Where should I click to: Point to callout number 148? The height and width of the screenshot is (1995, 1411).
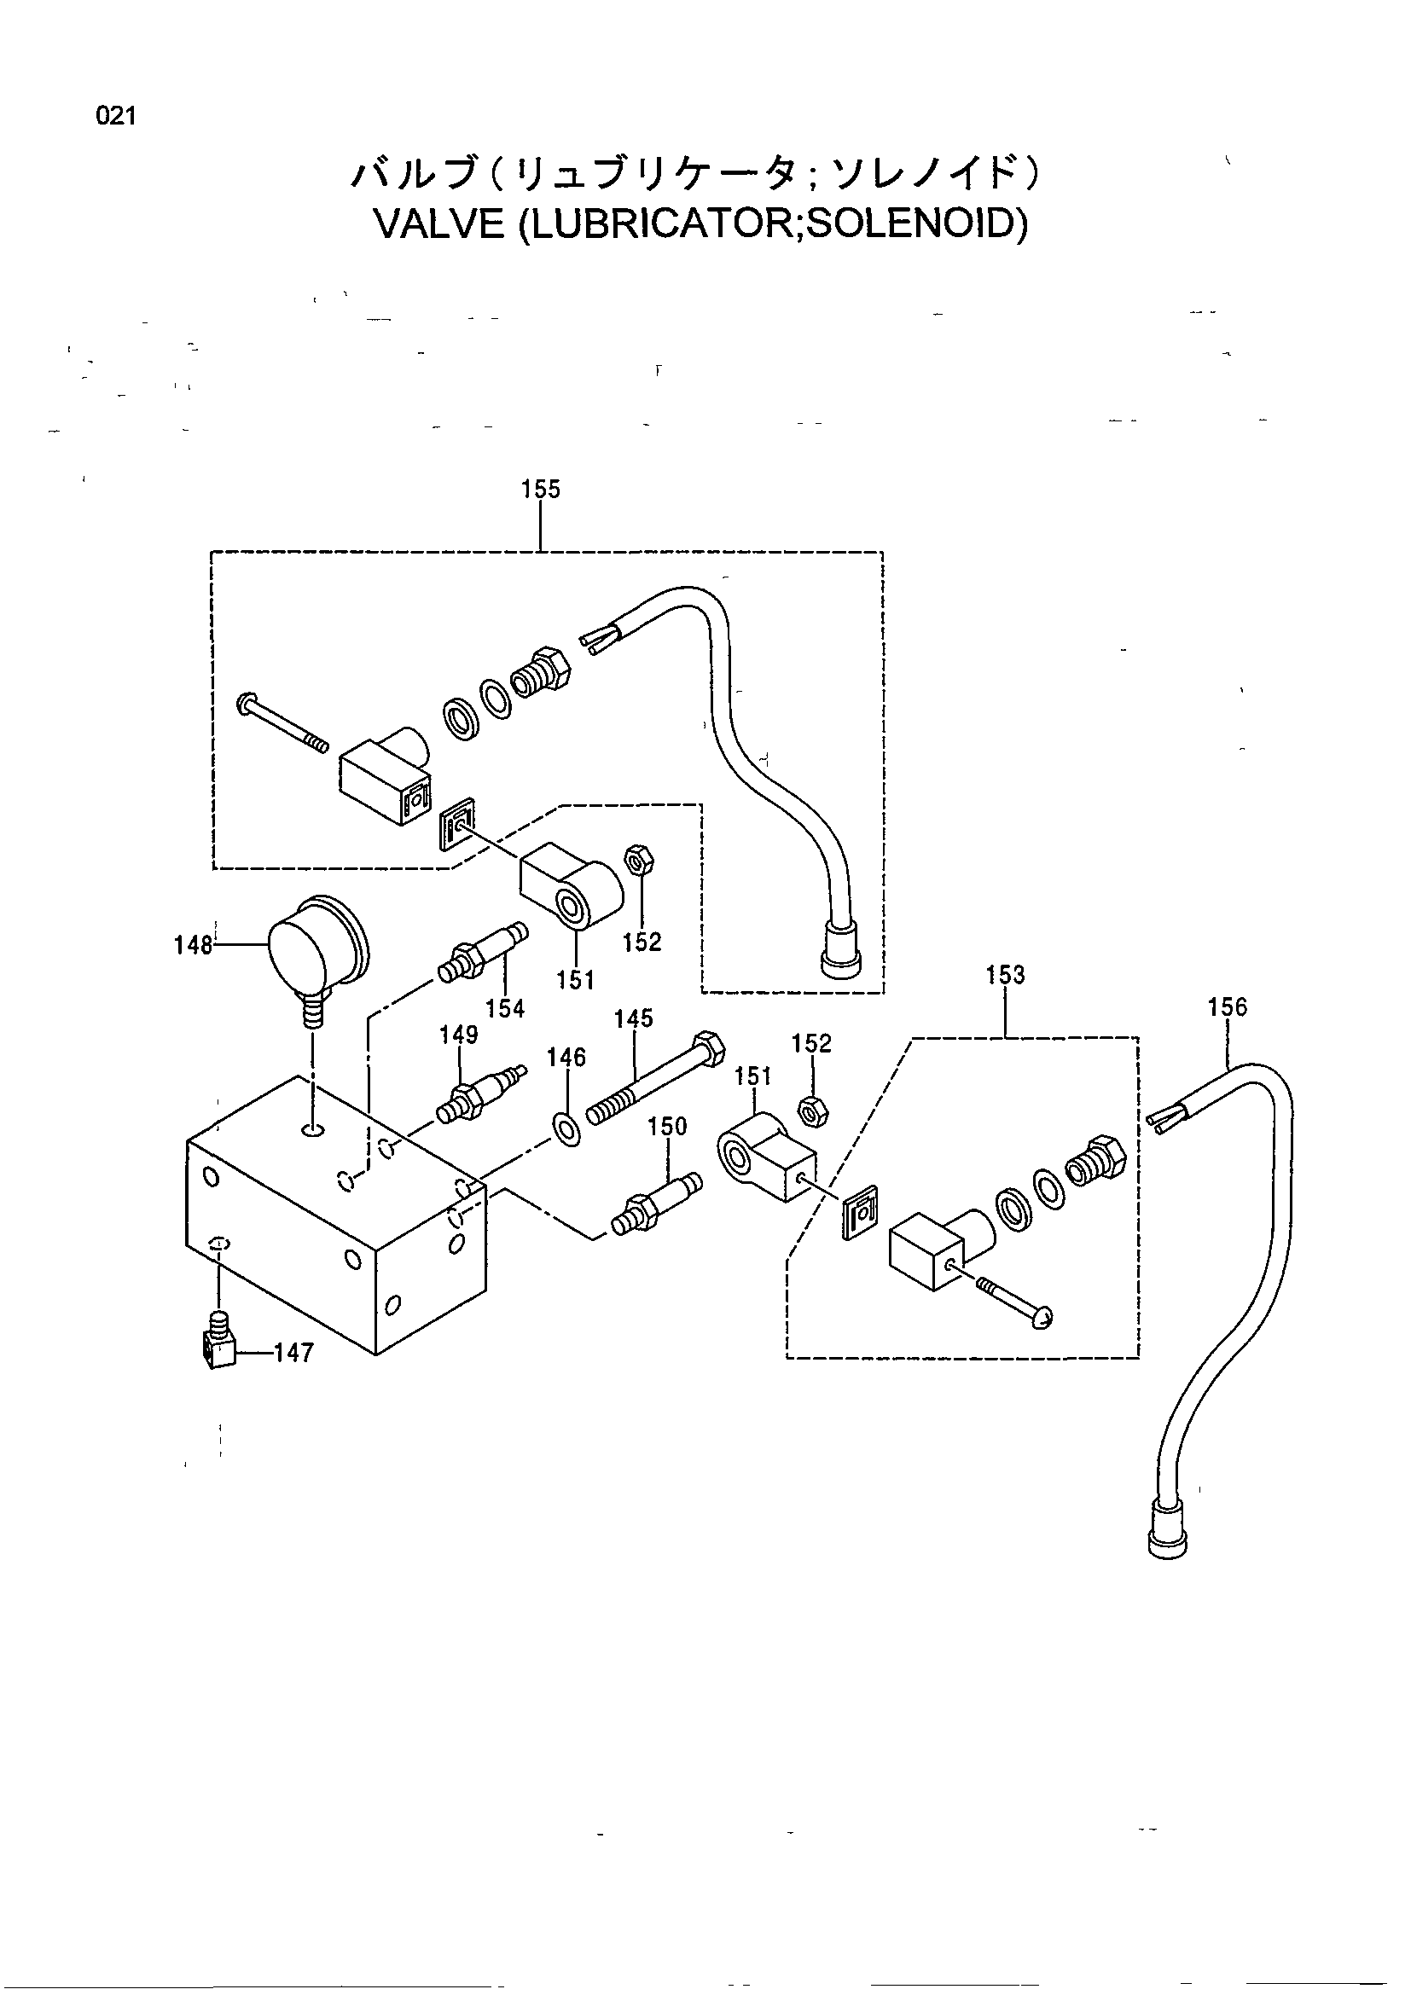(x=193, y=944)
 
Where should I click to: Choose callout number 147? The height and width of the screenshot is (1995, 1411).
(x=293, y=1353)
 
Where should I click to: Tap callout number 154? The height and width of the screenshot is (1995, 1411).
(x=506, y=1008)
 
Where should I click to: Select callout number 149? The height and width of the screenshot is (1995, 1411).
(x=459, y=1035)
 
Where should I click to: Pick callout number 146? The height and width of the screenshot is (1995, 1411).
(x=566, y=1058)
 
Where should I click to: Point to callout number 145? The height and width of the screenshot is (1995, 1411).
(x=633, y=1018)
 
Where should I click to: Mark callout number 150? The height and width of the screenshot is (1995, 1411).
(x=667, y=1126)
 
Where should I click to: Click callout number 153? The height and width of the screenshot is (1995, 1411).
(x=1005, y=975)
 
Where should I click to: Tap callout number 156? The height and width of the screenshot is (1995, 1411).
(x=1227, y=1007)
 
